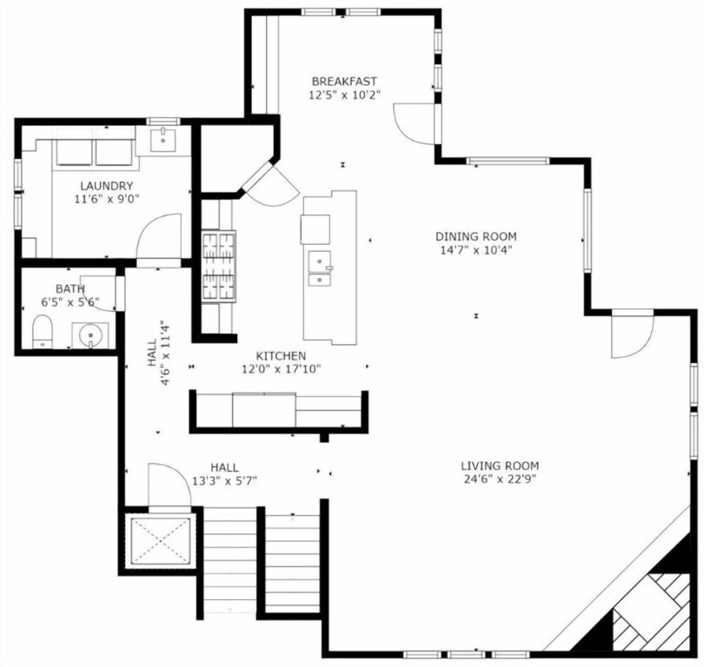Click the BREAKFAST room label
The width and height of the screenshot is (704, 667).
(x=344, y=82)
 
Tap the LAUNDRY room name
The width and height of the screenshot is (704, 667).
(x=106, y=186)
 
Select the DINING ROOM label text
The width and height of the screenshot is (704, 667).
(x=476, y=236)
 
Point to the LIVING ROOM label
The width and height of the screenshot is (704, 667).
(x=500, y=466)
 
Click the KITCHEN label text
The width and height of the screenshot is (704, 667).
(x=281, y=356)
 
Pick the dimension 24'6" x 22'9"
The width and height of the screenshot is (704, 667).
(x=500, y=479)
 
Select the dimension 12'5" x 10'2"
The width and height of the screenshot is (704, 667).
(x=344, y=95)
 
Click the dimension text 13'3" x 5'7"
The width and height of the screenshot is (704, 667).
(x=224, y=482)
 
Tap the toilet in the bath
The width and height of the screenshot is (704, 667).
(x=43, y=332)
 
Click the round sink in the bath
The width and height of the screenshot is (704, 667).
(x=90, y=334)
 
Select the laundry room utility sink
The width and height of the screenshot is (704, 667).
(x=163, y=141)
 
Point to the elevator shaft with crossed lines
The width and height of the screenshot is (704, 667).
(x=160, y=540)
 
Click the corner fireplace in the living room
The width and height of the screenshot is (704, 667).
(x=652, y=611)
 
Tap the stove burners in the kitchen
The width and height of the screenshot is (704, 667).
(x=219, y=267)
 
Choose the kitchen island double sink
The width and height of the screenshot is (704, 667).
(x=320, y=268)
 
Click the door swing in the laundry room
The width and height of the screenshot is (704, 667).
(x=159, y=236)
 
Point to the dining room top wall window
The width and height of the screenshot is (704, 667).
(x=508, y=161)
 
